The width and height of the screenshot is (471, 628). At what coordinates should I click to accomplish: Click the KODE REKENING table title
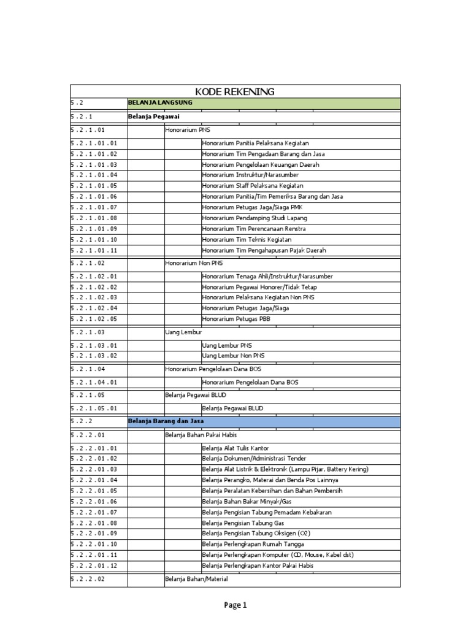(x=235, y=92)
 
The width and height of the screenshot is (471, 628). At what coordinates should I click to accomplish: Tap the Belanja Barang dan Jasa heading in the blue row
(x=166, y=422)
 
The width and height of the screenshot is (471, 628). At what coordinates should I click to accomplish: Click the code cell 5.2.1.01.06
(x=94, y=196)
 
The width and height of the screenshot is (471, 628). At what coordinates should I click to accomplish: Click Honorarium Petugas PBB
(x=235, y=319)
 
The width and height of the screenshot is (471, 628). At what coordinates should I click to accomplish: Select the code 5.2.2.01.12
(x=94, y=565)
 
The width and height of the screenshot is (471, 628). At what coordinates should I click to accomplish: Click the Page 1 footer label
(x=235, y=605)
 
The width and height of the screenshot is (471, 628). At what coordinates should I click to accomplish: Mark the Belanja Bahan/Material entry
(x=196, y=579)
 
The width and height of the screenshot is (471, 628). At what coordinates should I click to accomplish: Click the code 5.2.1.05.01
(x=94, y=408)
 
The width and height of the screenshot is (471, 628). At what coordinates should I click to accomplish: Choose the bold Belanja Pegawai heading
(x=154, y=116)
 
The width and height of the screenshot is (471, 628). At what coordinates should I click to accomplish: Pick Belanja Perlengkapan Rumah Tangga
(x=253, y=544)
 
